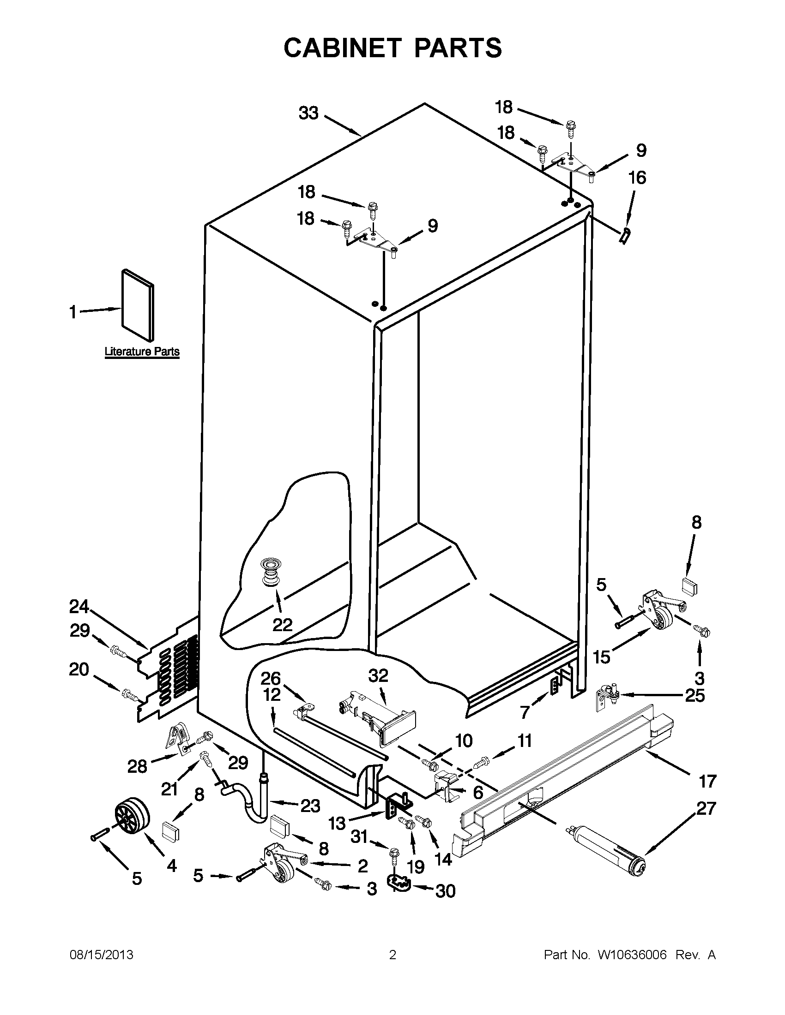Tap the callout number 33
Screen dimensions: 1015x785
(x=308, y=113)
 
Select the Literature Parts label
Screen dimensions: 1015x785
(x=142, y=352)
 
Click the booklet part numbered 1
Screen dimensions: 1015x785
(x=138, y=304)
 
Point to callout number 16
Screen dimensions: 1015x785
(x=637, y=178)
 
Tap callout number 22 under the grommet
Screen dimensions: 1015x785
(x=282, y=625)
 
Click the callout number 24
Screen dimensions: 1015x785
(x=79, y=607)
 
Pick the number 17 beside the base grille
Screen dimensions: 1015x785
(x=707, y=782)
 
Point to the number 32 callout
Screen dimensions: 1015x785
(x=378, y=676)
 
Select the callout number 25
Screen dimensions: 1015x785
(x=695, y=695)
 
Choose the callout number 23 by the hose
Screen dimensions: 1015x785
(x=310, y=806)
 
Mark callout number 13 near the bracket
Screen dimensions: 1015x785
(x=338, y=824)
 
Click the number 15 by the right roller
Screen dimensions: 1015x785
(x=602, y=657)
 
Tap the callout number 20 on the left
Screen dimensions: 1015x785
(x=78, y=669)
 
